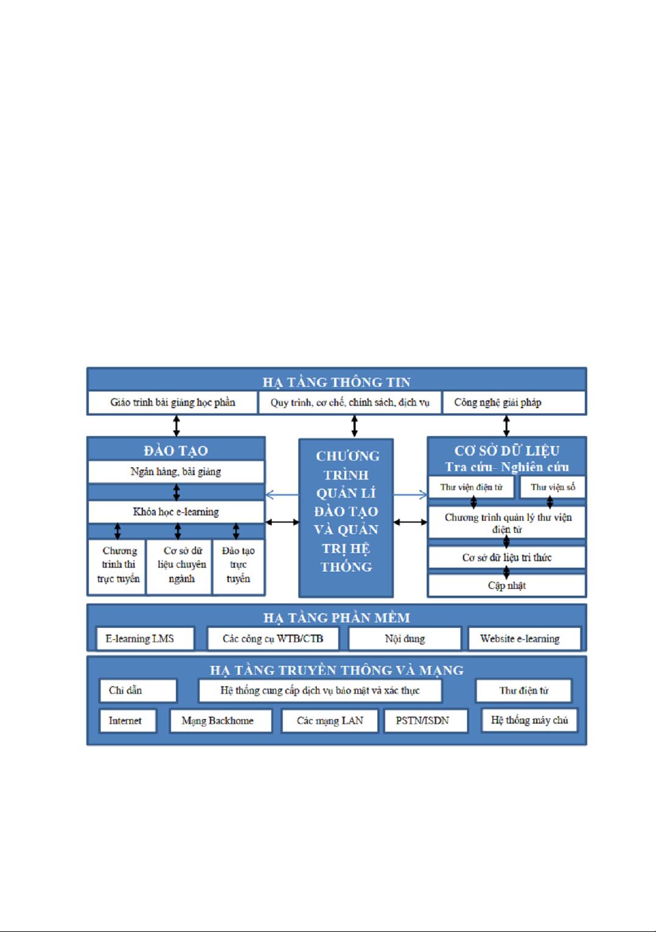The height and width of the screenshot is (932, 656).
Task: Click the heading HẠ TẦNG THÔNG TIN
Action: click(337, 381)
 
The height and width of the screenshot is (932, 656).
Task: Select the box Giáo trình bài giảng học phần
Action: click(172, 402)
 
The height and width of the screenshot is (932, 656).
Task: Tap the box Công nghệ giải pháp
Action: click(514, 402)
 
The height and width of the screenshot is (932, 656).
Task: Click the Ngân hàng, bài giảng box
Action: click(176, 471)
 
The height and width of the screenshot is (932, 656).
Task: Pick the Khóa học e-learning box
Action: click(176, 512)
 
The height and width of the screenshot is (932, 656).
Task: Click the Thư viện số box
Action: click(553, 487)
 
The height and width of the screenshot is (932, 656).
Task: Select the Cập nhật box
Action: click(507, 585)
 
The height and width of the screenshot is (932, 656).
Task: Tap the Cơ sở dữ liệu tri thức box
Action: click(507, 557)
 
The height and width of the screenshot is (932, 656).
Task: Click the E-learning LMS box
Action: click(145, 638)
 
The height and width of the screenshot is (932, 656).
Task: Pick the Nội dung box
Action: click(405, 638)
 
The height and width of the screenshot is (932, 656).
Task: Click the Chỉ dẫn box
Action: click(138, 690)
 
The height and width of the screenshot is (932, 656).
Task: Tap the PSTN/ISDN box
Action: click(425, 720)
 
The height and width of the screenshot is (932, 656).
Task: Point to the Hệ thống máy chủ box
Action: click(529, 720)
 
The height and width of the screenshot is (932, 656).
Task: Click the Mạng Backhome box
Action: click(220, 720)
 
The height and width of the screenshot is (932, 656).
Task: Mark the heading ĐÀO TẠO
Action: click(176, 450)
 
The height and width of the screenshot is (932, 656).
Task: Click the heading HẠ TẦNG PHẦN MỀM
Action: click(337, 617)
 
